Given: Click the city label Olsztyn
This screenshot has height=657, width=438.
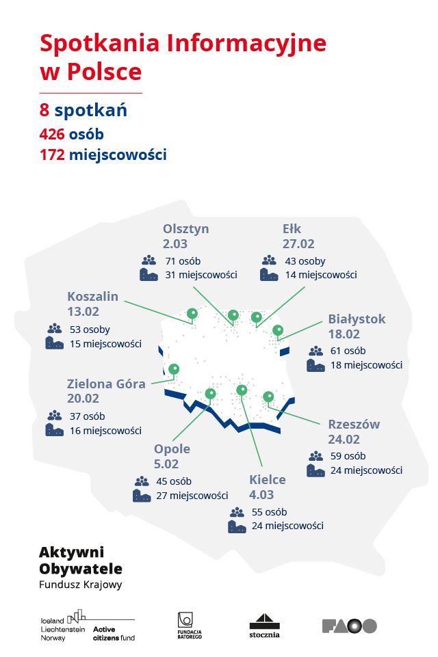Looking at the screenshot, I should (x=186, y=228).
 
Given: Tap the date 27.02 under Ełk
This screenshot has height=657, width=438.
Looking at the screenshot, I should (x=298, y=243).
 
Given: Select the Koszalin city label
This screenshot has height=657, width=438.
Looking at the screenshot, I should (x=92, y=296).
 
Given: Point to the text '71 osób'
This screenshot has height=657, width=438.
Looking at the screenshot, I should (x=181, y=260).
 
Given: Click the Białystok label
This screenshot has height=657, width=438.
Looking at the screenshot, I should (x=357, y=319).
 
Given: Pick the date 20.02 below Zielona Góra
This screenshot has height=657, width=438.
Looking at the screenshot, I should (x=83, y=399).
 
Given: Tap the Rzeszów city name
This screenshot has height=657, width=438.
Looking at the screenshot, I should (x=353, y=424).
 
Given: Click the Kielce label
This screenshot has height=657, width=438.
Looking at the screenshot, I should (x=268, y=479).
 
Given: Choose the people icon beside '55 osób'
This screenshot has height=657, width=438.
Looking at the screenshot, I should (x=237, y=512).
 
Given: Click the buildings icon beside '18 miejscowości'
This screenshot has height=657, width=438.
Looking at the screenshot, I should (x=315, y=366).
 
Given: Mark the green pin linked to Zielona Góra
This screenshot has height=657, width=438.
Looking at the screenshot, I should (x=174, y=369).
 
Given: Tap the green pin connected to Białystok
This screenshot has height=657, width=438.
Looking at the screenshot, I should (x=278, y=331).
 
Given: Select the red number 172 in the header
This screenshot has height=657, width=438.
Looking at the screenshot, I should (x=53, y=155).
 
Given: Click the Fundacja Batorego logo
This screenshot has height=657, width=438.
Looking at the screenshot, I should (x=185, y=625).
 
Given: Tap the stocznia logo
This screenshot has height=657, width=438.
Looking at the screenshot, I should (x=263, y=625).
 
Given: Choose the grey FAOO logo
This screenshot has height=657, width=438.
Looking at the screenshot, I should (x=349, y=626).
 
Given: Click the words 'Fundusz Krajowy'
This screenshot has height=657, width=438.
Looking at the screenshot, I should (x=81, y=585).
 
